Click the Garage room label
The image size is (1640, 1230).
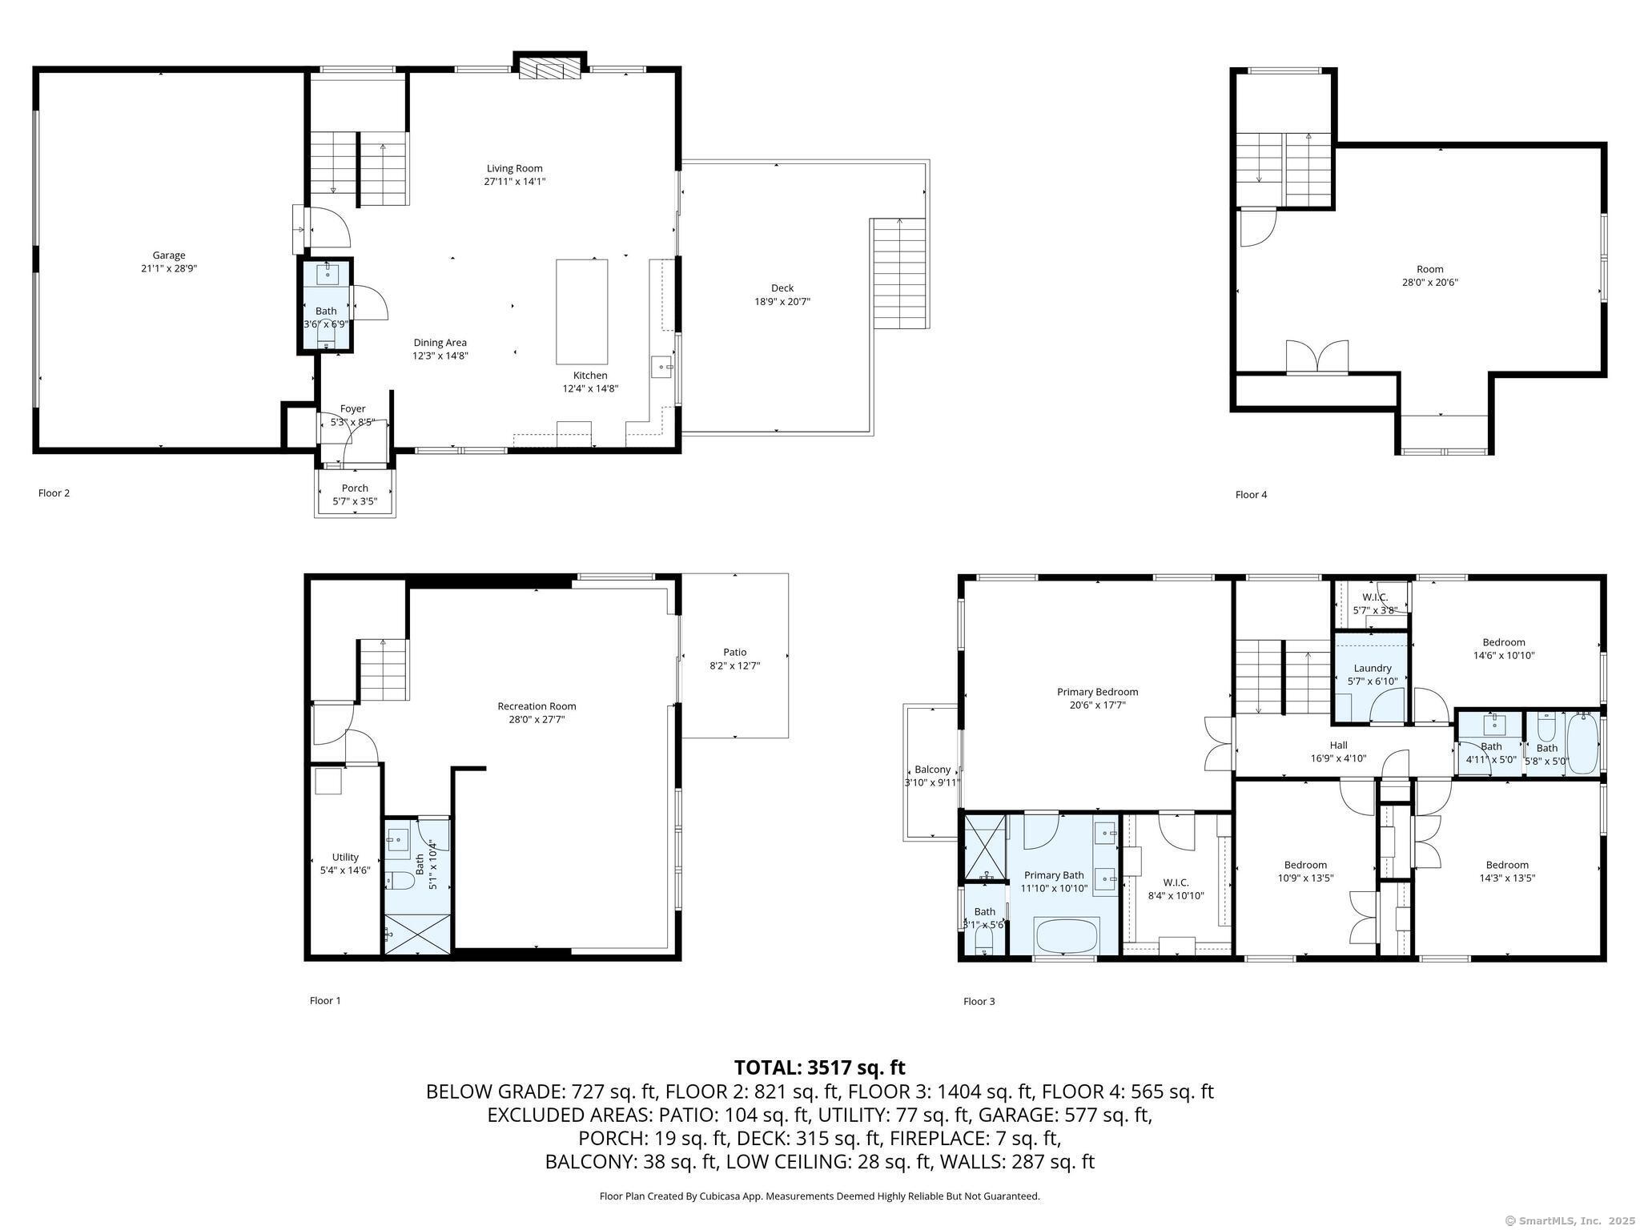click(168, 255)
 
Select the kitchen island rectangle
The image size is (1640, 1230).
click(581, 312)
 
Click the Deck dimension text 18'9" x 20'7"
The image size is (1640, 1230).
click(776, 302)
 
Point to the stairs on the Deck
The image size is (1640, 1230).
click(898, 273)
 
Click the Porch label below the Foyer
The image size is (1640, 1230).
click(355, 488)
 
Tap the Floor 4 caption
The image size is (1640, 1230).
click(1251, 495)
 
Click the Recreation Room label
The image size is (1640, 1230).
click(537, 706)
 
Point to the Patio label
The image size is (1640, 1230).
click(734, 652)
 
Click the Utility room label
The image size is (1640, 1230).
click(345, 857)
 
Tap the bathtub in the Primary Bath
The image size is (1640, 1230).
click(1067, 935)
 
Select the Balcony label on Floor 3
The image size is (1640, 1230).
click(932, 770)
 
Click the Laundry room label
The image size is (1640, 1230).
click(1372, 668)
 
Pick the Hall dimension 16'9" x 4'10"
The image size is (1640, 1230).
click(1338, 758)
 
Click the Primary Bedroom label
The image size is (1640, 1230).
click(1096, 692)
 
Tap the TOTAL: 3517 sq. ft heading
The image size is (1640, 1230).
click(819, 1067)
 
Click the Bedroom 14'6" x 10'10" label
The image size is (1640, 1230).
click(1503, 642)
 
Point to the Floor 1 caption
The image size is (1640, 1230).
click(325, 1001)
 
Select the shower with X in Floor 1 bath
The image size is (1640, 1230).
click(417, 933)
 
